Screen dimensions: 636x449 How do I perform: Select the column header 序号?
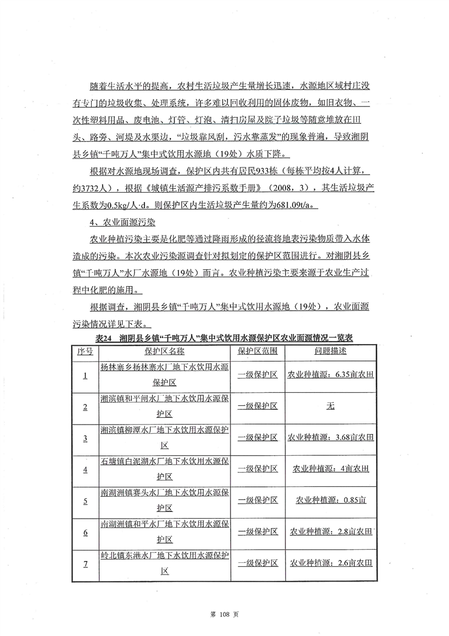click(85, 351)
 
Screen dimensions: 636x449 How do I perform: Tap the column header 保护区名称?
click(164, 351)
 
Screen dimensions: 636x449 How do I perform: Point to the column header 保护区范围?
click(257, 351)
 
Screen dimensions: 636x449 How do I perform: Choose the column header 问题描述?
click(331, 351)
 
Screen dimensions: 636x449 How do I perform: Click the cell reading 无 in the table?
click(331, 406)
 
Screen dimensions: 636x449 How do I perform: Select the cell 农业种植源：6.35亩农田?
click(331, 375)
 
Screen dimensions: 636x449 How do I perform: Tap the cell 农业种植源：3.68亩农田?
click(331, 438)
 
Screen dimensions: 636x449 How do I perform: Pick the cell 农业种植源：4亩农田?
click(331, 469)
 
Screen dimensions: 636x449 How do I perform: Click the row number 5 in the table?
click(85, 501)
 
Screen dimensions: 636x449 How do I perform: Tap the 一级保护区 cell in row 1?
click(257, 375)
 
